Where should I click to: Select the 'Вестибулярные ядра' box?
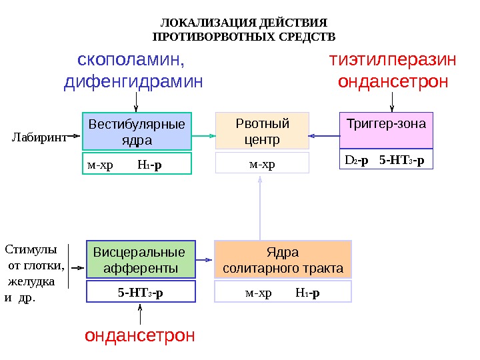137,131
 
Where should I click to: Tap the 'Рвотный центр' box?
263,131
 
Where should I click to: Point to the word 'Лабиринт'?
39,138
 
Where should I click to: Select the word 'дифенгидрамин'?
133,83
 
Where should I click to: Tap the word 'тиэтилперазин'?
393,60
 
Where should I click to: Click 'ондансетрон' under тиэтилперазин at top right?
393,83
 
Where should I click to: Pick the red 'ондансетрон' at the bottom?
140,335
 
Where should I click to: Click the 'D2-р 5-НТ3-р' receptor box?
385,161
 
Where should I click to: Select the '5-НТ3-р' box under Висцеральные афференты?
141,292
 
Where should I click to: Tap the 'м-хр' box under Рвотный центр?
262,163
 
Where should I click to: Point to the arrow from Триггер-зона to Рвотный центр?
325,136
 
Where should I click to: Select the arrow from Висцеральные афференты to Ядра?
205,259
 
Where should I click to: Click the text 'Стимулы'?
31,250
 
